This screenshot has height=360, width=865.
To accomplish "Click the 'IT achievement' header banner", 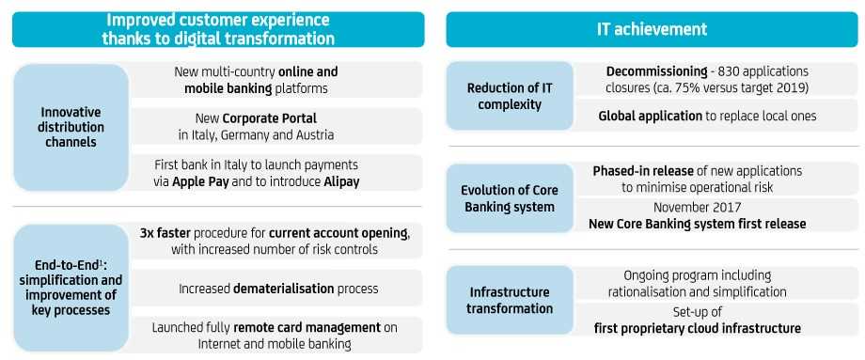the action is point(652,29).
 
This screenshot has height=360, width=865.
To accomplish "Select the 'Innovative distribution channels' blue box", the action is point(71,127).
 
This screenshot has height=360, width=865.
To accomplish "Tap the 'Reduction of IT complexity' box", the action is point(510,96).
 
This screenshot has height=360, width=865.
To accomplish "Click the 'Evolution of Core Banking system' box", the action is point(510,198).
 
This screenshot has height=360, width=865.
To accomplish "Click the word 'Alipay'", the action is point(341,182).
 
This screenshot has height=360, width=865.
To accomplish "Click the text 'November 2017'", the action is point(698,208).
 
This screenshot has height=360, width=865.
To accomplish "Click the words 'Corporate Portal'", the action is point(270,118).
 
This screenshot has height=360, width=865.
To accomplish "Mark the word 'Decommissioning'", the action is point(656,71).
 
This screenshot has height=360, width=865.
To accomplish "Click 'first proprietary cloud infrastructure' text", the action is point(698,329).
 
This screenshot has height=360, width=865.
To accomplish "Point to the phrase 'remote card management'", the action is point(307,328).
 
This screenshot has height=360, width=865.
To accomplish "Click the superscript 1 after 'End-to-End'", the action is point(100,261).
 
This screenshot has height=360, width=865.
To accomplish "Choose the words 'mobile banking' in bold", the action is point(228,88).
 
